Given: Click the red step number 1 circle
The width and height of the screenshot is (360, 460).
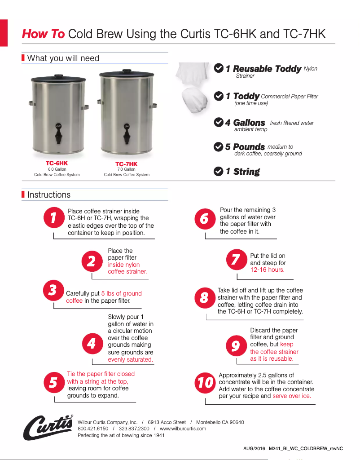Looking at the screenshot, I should coord(54,218).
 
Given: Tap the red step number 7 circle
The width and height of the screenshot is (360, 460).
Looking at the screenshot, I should coord(236,260).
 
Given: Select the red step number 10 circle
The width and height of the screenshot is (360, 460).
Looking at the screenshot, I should coord(206,383).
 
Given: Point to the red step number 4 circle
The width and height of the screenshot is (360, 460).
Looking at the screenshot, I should coord(92,344).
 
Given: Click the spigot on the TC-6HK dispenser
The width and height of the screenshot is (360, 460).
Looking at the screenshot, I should coord(57,131).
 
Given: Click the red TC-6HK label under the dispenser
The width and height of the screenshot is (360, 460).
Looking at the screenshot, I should coord(57,163).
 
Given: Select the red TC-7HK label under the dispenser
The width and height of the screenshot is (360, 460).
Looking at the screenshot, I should coord(127,164).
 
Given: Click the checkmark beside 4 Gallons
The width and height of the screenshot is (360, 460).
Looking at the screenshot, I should coord(219,123).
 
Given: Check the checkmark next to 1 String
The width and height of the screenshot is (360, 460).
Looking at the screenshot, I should coord(219,171).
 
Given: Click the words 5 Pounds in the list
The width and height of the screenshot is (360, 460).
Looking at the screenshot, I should coord(245,147).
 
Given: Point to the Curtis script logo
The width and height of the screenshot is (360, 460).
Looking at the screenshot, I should coord(48,427).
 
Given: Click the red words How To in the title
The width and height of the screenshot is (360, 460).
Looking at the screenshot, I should coord(43,34).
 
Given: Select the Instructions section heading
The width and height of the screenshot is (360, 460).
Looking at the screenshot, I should coord(49,195).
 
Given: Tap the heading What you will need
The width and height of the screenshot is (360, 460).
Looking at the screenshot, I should coord(63,58).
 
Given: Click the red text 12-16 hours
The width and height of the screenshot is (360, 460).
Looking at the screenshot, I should coord(267,270).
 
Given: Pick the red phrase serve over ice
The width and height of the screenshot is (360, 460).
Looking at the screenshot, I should coord(292,396).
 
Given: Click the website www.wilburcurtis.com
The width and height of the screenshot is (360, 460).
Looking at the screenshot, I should coord(183,429).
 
